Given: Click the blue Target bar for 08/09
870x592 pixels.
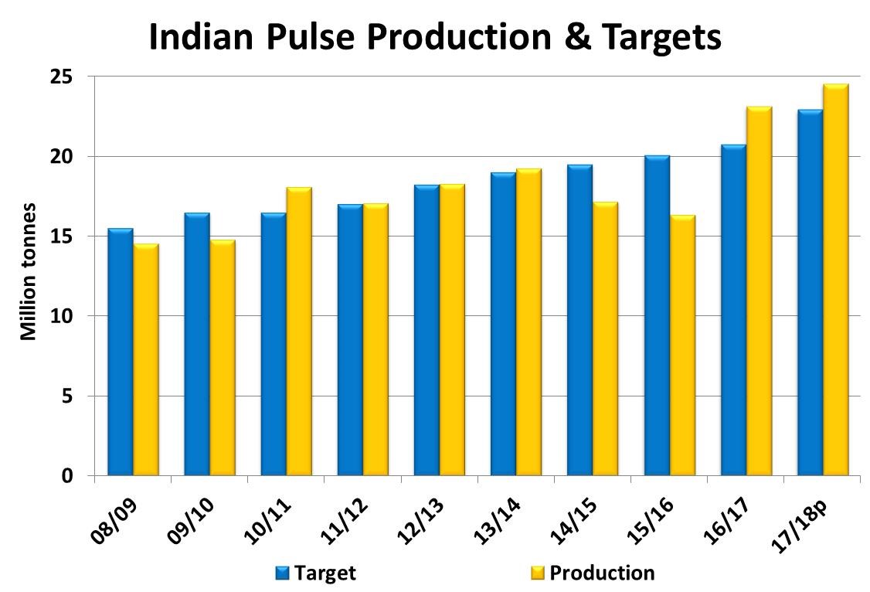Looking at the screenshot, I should pyautogui.click(x=120, y=352).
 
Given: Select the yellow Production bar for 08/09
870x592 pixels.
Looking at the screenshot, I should pyautogui.click(x=146, y=359).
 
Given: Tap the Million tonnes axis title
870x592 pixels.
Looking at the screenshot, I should pyautogui.click(x=29, y=271).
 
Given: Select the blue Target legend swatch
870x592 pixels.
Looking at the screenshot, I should pyautogui.click(x=283, y=573).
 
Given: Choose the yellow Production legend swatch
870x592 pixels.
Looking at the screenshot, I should pyautogui.click(x=538, y=573).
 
